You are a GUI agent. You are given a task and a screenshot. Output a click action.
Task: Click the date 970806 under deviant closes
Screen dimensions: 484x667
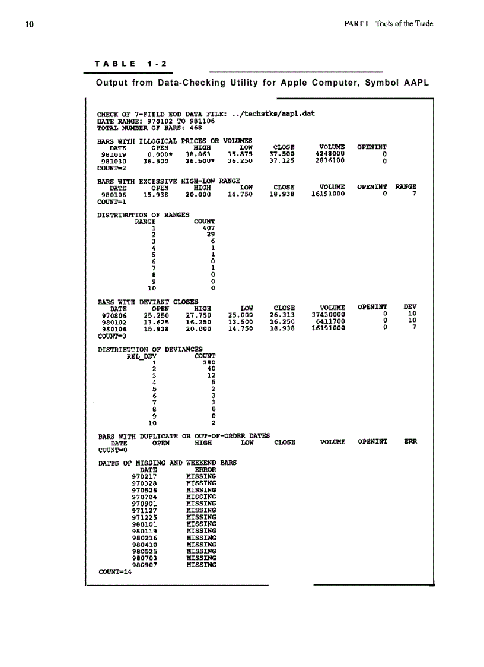pos(114,315)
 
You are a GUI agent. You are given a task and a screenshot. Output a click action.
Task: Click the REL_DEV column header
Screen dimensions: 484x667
pos(141,356)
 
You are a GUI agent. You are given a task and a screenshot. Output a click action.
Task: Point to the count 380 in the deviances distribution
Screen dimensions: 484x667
pos(208,362)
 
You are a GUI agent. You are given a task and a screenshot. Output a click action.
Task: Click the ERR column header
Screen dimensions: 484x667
pos(410,442)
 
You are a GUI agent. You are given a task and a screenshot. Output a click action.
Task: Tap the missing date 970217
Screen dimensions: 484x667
pos(144,476)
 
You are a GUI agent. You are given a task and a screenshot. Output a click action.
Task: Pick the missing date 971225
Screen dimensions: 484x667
pos(144,517)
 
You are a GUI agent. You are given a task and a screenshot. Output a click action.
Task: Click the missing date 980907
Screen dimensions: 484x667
pos(144,565)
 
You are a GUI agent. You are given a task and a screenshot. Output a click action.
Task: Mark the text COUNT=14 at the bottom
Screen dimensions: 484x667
pos(115,572)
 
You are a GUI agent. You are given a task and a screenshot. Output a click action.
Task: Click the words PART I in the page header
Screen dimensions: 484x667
pos(356,24)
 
